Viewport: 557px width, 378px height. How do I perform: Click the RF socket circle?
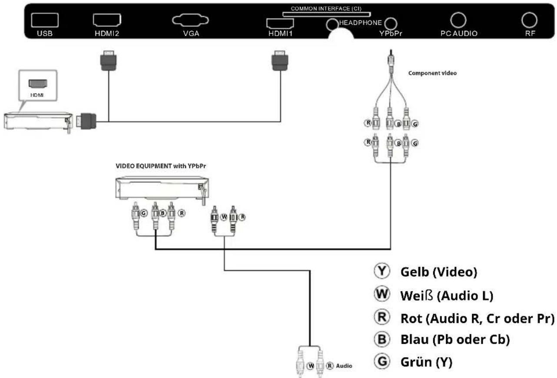(x=530, y=20)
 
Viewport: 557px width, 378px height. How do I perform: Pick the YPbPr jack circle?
(x=391, y=23)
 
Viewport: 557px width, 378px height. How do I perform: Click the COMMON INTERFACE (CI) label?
(x=326, y=8)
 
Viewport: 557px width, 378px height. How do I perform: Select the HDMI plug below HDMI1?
(x=278, y=60)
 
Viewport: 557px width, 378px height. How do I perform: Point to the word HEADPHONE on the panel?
(x=360, y=23)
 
